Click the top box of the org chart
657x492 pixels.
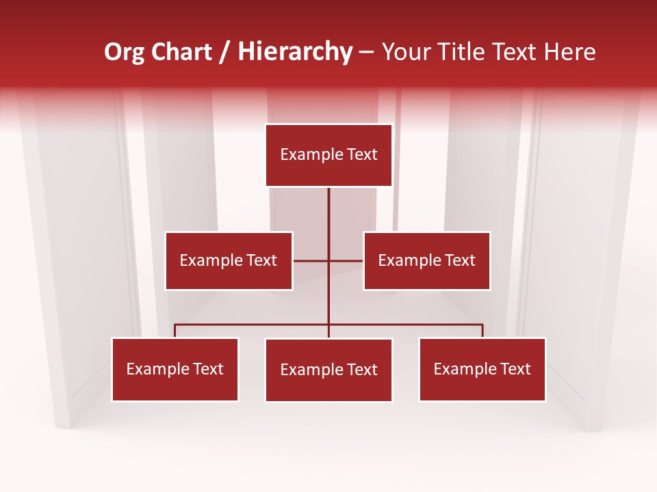click(328, 155)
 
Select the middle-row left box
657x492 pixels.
click(229, 260)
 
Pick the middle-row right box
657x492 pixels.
click(427, 260)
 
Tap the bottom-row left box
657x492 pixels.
click(175, 369)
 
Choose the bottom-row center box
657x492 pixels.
click(328, 370)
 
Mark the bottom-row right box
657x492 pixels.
click(482, 369)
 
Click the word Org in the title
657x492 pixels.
click(123, 52)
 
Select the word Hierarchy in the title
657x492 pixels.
click(295, 52)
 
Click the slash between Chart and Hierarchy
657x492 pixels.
click(225, 53)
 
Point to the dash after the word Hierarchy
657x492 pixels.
click(367, 53)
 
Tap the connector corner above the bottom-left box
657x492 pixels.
click(175, 325)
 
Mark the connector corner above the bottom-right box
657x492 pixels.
click(482, 325)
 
